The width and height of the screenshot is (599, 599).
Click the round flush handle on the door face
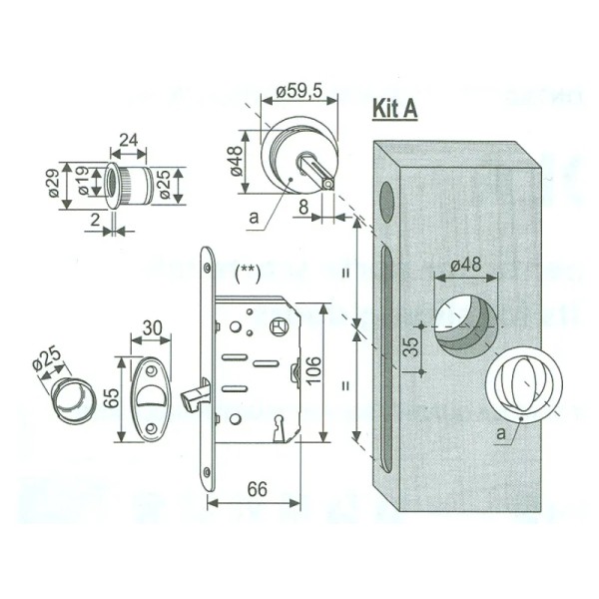coord(521,383)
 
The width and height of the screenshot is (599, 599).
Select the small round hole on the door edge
coord(386,201)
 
